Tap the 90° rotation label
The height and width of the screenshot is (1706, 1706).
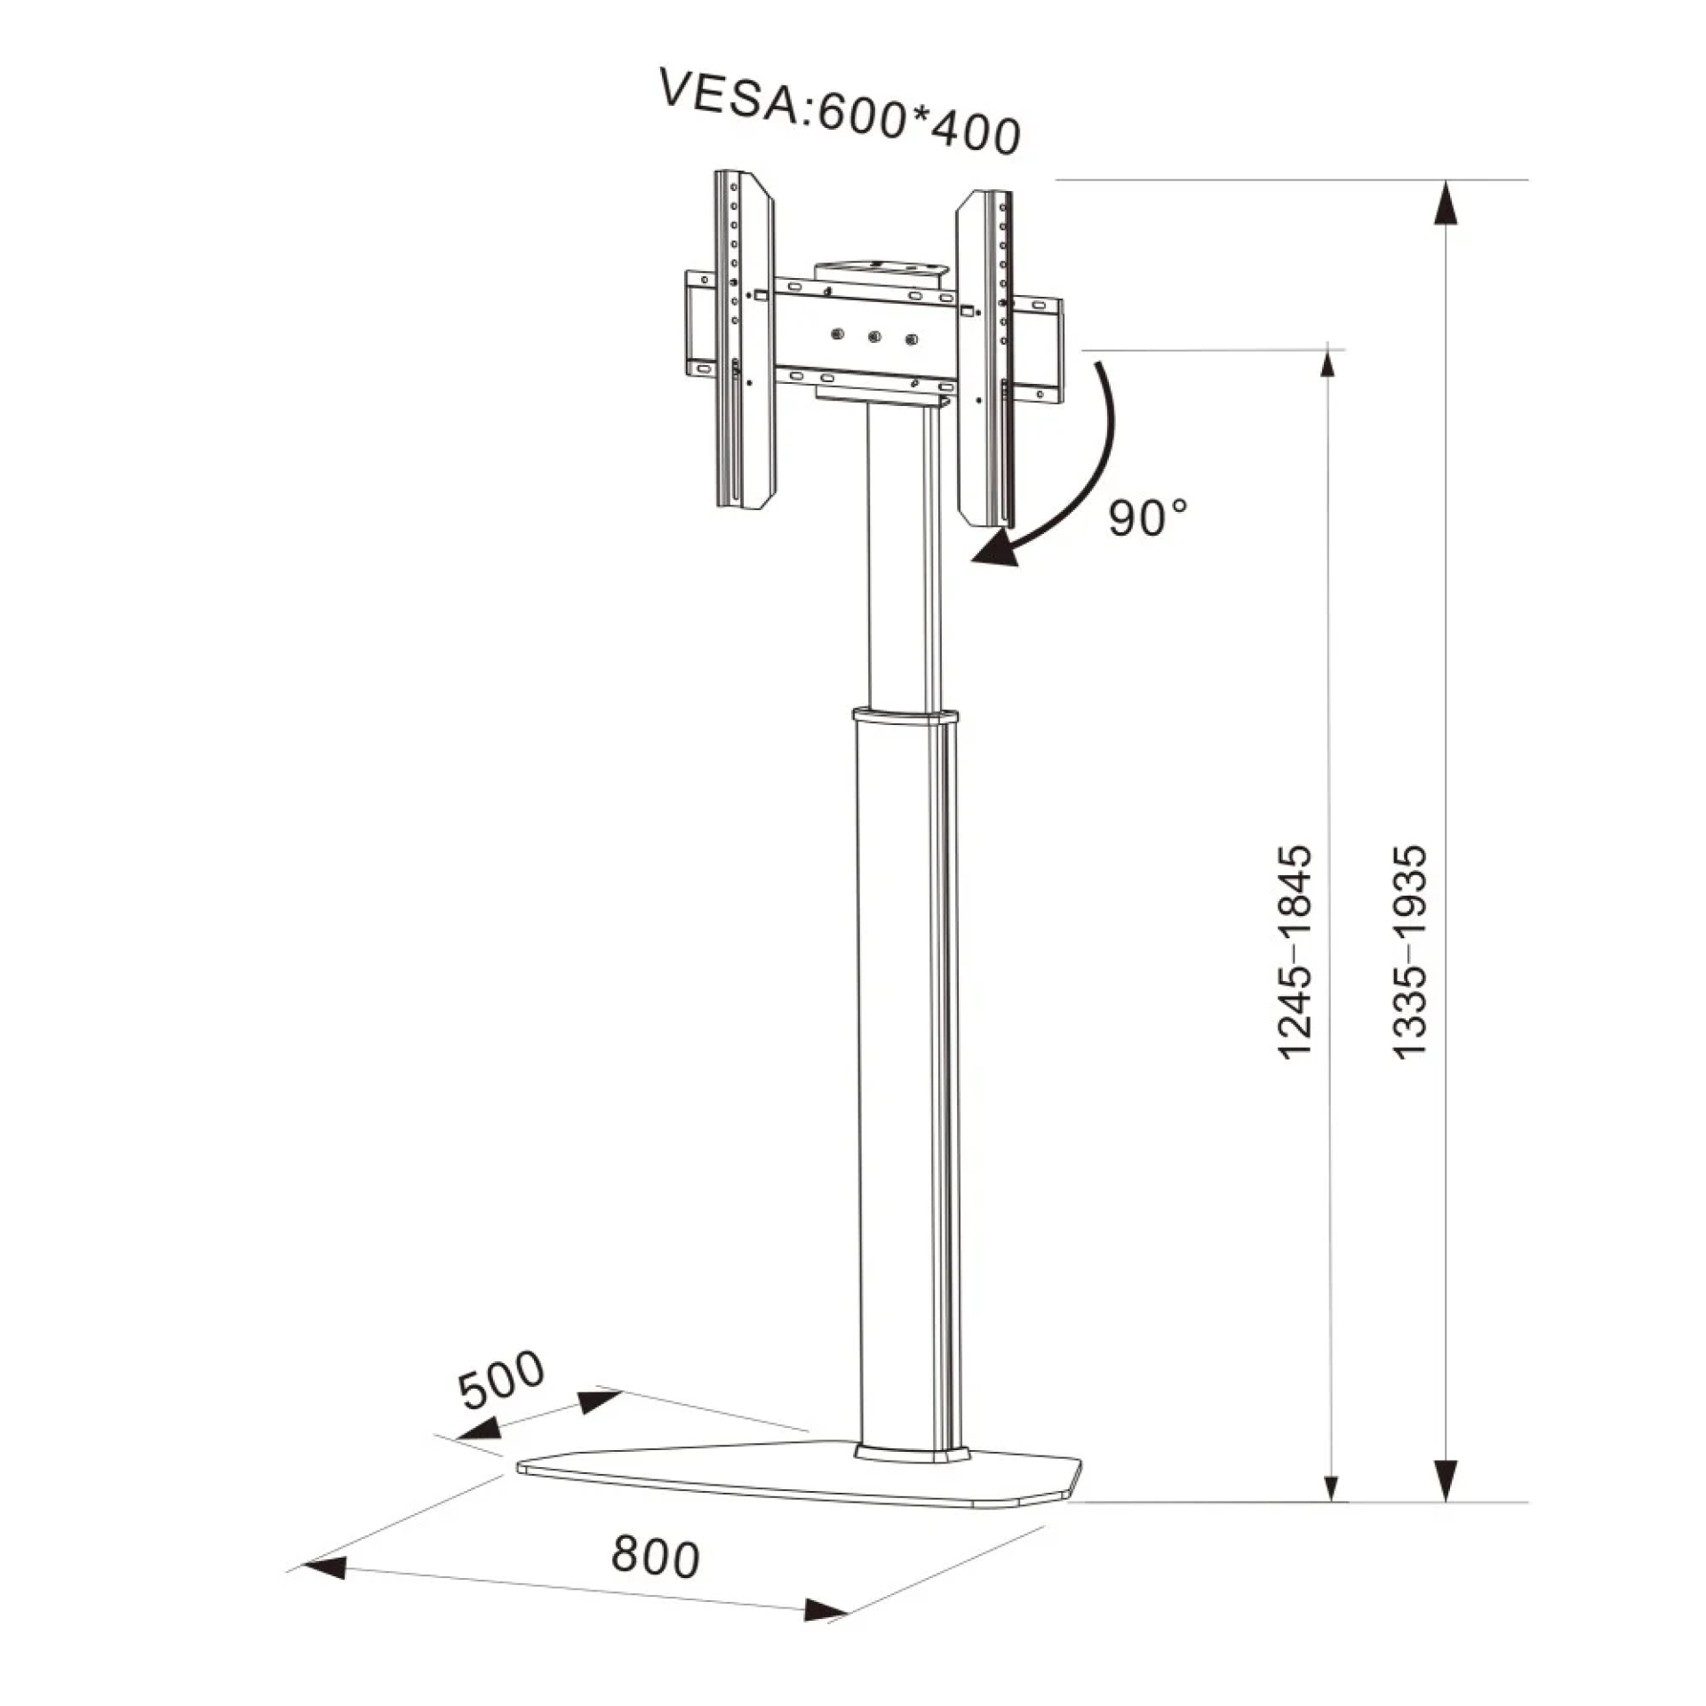click(x=1147, y=517)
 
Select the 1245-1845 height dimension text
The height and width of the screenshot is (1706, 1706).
click(x=1294, y=952)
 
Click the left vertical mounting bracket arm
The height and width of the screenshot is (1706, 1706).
click(x=744, y=339)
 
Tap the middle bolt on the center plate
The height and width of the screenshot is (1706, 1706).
click(x=873, y=337)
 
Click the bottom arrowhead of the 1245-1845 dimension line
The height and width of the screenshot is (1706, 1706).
click(x=1330, y=1487)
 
